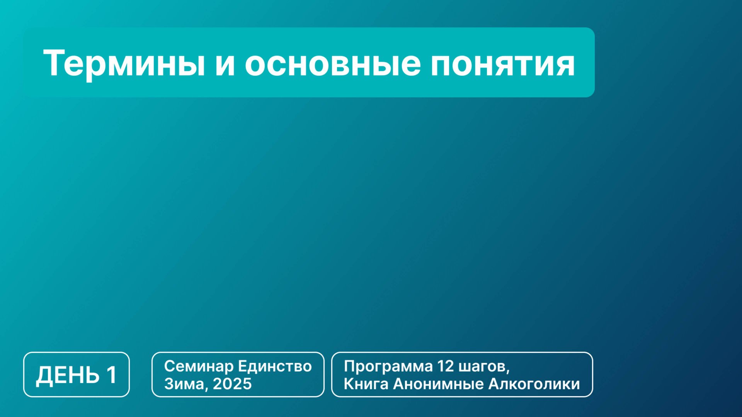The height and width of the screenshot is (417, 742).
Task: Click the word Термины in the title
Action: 124,63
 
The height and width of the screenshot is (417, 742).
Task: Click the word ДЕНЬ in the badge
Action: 68,375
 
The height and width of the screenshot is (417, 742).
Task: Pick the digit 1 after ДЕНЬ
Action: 112,375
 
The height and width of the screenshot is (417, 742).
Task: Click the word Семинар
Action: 199,366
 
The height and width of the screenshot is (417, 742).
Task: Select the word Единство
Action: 275,366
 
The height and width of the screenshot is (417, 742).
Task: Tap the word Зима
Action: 185,384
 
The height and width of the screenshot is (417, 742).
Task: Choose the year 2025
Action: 232,384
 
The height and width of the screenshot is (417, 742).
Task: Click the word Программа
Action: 388,366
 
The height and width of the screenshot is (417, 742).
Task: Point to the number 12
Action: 445,366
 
